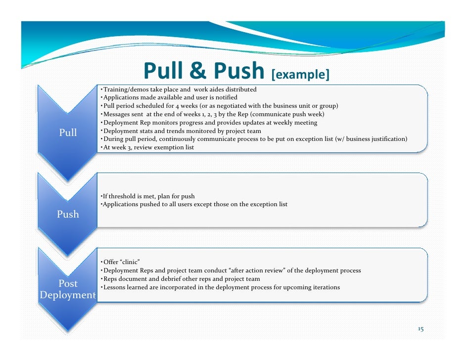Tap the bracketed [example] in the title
[300, 75]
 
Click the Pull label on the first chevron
[68, 133]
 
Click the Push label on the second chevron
[68, 215]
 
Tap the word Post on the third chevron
[68, 284]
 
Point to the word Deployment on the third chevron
[68, 296]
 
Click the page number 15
[421, 329]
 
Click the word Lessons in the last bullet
[113, 287]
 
